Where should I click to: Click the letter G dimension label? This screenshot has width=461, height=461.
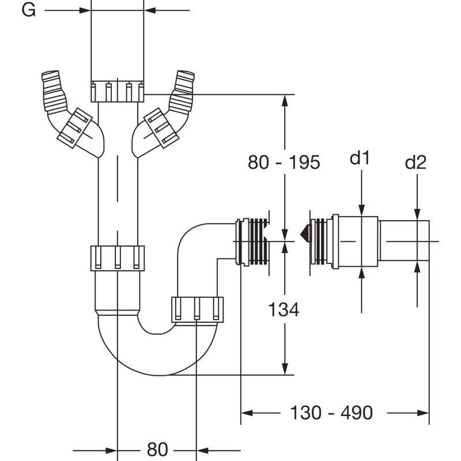tap(28, 10)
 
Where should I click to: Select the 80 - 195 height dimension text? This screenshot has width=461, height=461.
tap(284, 162)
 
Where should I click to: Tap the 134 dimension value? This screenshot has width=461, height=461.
tap(284, 309)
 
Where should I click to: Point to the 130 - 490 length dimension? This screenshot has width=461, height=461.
tap(331, 412)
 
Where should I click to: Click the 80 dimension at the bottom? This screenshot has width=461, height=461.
tap(157, 449)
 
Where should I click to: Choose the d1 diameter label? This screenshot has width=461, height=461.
tap(359, 158)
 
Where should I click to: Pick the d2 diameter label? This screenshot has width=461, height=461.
tap(415, 162)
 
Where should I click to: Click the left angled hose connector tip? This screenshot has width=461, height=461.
tap(51, 75)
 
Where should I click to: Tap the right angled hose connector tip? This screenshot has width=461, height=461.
tap(185, 75)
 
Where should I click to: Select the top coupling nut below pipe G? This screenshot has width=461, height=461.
tap(118, 92)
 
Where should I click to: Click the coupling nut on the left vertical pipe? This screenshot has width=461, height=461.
tap(118, 258)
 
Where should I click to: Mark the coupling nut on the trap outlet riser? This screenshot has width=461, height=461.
tap(197, 309)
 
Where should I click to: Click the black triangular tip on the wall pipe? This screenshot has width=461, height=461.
tap(305, 234)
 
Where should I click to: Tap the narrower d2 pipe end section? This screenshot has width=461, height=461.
tap(404, 240)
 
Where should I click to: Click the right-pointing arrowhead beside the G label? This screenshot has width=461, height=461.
tap(85, 10)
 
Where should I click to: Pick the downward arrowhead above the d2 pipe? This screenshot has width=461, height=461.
tap(417, 214)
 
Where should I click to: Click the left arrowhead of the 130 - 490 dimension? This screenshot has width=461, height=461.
tap(247, 413)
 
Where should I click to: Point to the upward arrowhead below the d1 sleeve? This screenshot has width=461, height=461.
tap(362, 273)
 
